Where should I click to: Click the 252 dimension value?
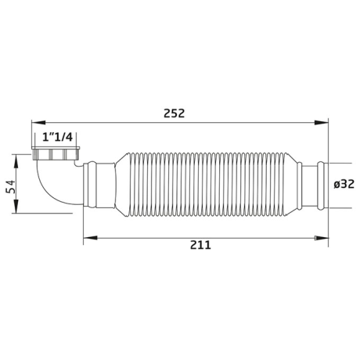[x=174, y=113]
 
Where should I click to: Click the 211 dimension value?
[x=200, y=245]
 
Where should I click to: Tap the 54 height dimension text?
[x=11, y=187]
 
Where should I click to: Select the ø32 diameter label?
[x=344, y=185]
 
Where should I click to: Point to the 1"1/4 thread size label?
[x=57, y=137]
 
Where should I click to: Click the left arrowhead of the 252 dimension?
[x=38, y=123]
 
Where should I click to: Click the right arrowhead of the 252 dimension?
[x=321, y=123]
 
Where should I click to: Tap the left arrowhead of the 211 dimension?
[x=90, y=238]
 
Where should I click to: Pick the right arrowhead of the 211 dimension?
[x=321, y=238]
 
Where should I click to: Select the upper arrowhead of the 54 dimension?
[x=16, y=161]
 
